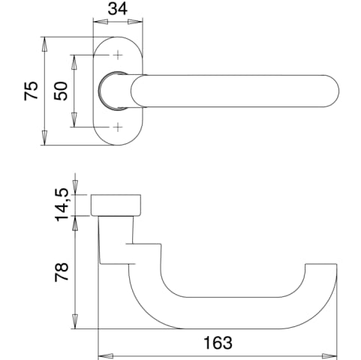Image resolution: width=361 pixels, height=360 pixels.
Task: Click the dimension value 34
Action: tap(118, 9)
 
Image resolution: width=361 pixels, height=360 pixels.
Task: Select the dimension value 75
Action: tap(32, 91)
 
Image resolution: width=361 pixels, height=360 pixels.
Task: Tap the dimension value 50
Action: tap(61, 91)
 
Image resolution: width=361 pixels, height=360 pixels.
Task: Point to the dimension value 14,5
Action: tap(62, 205)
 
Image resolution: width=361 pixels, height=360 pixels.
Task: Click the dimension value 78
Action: tap(62, 272)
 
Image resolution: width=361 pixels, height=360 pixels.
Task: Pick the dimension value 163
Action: tap(218, 343)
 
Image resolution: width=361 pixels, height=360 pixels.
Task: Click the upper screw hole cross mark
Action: tap(118, 55)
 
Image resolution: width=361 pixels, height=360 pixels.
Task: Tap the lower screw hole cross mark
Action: tap(118, 127)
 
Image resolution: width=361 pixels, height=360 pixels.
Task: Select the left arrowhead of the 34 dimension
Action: tap(101, 22)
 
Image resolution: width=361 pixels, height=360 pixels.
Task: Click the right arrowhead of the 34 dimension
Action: tap(135, 22)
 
